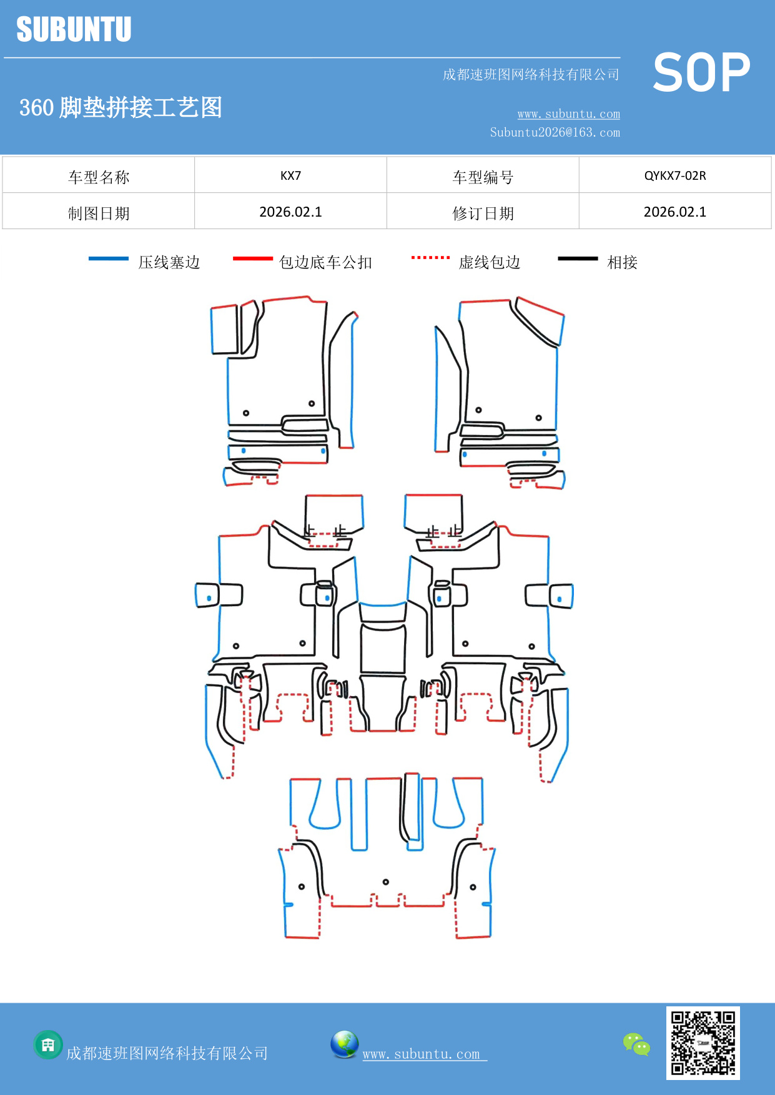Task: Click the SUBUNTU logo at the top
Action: [x=74, y=29]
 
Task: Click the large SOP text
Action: [x=701, y=73]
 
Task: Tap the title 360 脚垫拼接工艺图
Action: [x=121, y=107]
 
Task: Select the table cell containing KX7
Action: [x=290, y=175]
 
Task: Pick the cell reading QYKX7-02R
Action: [x=675, y=175]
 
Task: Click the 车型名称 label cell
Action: [x=99, y=177]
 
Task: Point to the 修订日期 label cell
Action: [x=483, y=213]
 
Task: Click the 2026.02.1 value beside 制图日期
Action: [x=290, y=212]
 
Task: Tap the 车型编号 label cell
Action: [x=483, y=177]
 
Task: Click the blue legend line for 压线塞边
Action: [x=109, y=258]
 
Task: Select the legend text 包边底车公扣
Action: [x=325, y=262]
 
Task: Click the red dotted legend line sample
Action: [x=430, y=257]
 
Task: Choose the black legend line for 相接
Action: [x=578, y=258]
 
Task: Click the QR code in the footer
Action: [x=703, y=1043]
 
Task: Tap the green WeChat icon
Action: [x=636, y=1044]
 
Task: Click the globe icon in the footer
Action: [x=344, y=1044]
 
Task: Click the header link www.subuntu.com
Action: [x=568, y=114]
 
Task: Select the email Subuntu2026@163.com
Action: [x=555, y=132]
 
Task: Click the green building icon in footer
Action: [x=48, y=1044]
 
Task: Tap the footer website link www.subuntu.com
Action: [x=422, y=1054]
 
